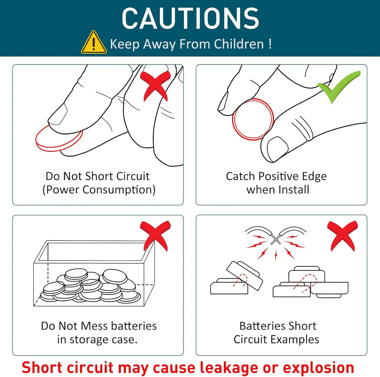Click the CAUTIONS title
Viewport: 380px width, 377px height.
(x=190, y=18)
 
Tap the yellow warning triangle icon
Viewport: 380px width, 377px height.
(x=94, y=42)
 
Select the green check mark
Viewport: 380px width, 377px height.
(x=339, y=87)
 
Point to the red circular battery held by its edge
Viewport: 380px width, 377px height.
(x=253, y=119)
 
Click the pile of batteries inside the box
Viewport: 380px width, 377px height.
(x=91, y=285)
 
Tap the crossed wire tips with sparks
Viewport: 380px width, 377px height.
(x=276, y=239)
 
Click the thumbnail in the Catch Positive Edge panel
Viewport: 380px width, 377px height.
(x=278, y=148)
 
